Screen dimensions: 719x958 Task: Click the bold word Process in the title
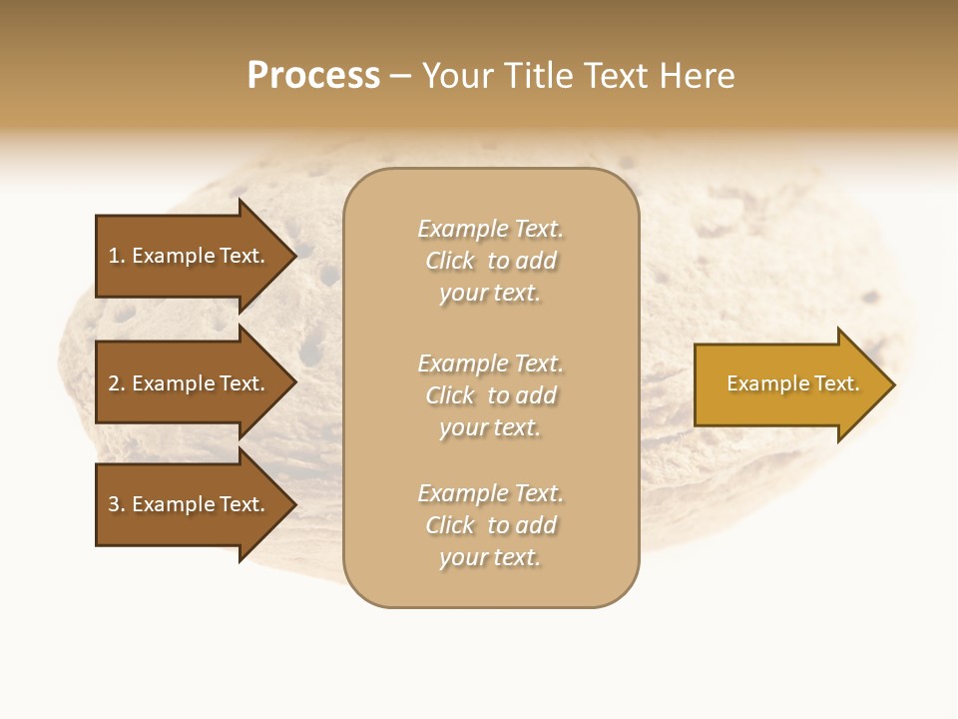click(313, 76)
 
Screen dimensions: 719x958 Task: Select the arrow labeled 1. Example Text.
click(190, 256)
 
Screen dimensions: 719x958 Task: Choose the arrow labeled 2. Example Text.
click(190, 383)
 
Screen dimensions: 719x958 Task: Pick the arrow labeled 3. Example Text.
click(190, 504)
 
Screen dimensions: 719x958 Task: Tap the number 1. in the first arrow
click(117, 256)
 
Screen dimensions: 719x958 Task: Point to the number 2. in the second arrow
click(117, 383)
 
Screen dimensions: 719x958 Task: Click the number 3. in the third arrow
click(117, 504)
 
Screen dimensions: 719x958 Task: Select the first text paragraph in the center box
click(490, 261)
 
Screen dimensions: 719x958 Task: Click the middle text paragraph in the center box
click(490, 395)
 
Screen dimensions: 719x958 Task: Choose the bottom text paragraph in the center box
click(490, 525)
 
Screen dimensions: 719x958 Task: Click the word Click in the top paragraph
click(450, 261)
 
